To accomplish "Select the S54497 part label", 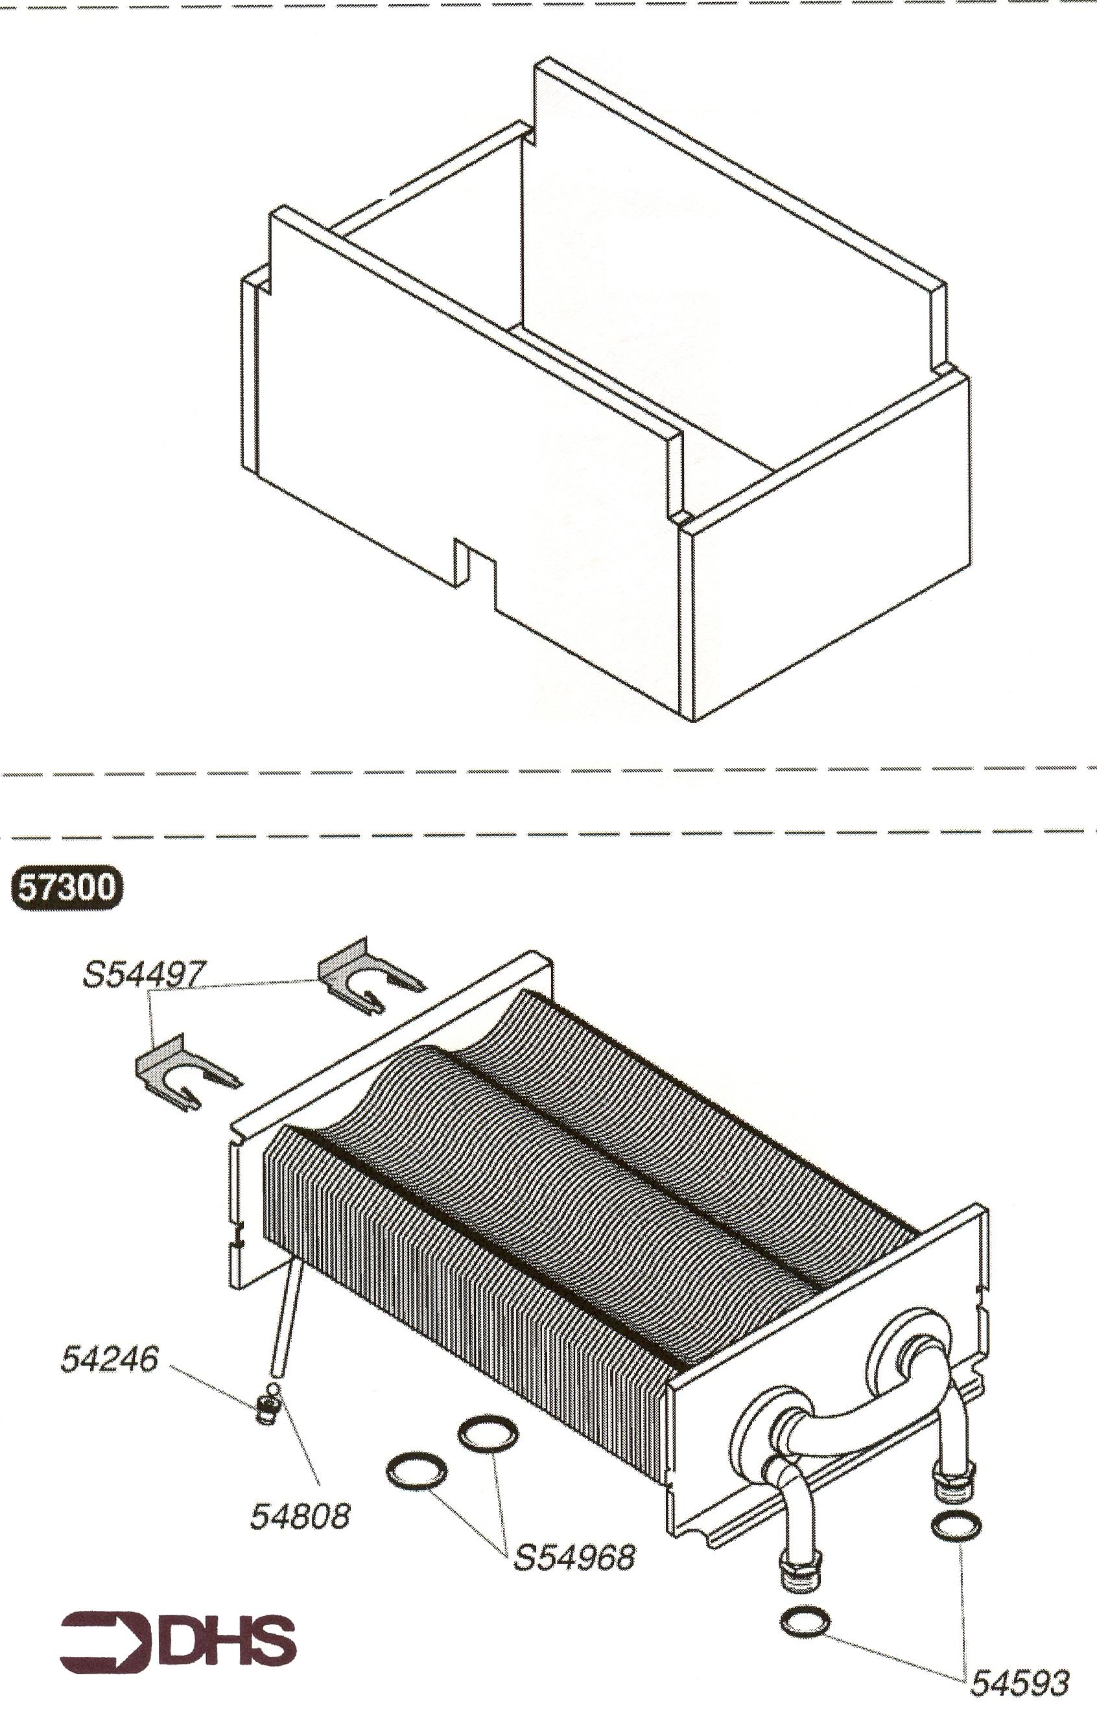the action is click(x=145, y=974).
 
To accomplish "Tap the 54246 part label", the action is click(x=109, y=1359).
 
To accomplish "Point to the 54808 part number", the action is click(x=300, y=1516).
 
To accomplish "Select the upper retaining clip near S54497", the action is click(x=370, y=975).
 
